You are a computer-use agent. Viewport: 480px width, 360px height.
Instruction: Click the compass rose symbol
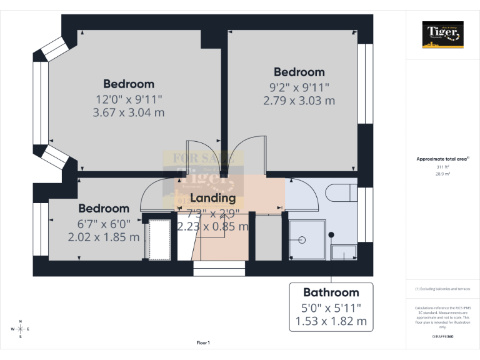point(21,329)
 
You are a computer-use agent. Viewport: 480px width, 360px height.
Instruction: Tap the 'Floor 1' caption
point(203,342)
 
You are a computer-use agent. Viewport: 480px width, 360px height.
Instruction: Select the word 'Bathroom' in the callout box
point(331,292)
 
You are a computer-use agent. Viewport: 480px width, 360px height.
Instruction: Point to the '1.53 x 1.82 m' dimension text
point(331,322)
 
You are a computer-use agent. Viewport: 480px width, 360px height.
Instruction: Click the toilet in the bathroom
point(344,192)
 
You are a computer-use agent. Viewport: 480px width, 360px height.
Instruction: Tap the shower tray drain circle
point(301,239)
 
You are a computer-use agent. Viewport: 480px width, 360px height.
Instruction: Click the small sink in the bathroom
point(343,252)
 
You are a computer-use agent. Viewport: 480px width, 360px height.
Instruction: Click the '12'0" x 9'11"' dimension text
point(129,99)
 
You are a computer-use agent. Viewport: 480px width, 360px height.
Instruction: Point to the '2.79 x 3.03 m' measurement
point(299,100)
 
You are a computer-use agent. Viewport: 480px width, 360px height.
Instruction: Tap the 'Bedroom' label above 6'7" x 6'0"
point(104,208)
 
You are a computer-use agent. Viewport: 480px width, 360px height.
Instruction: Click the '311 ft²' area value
point(442,167)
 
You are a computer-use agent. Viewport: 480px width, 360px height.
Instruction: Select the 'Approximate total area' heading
point(441,159)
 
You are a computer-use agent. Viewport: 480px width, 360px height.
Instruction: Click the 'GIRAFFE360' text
point(442,336)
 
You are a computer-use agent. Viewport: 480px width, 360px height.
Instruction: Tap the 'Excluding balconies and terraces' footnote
point(442,289)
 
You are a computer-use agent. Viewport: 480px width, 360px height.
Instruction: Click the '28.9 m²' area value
point(442,174)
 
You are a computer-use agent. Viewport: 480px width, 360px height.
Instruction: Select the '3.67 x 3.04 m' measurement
point(129,112)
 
